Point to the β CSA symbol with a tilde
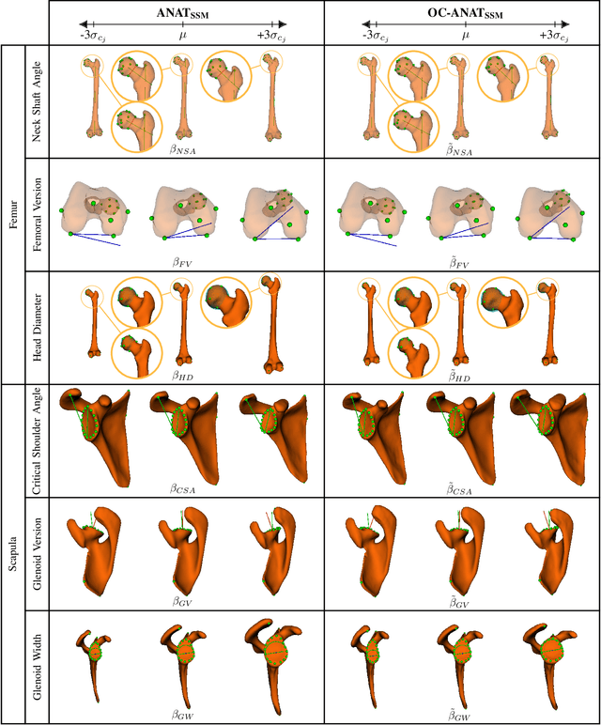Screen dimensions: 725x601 pos(466,486)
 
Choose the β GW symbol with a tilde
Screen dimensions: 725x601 pos(466,714)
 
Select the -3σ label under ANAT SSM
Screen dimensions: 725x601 pos(92,35)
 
